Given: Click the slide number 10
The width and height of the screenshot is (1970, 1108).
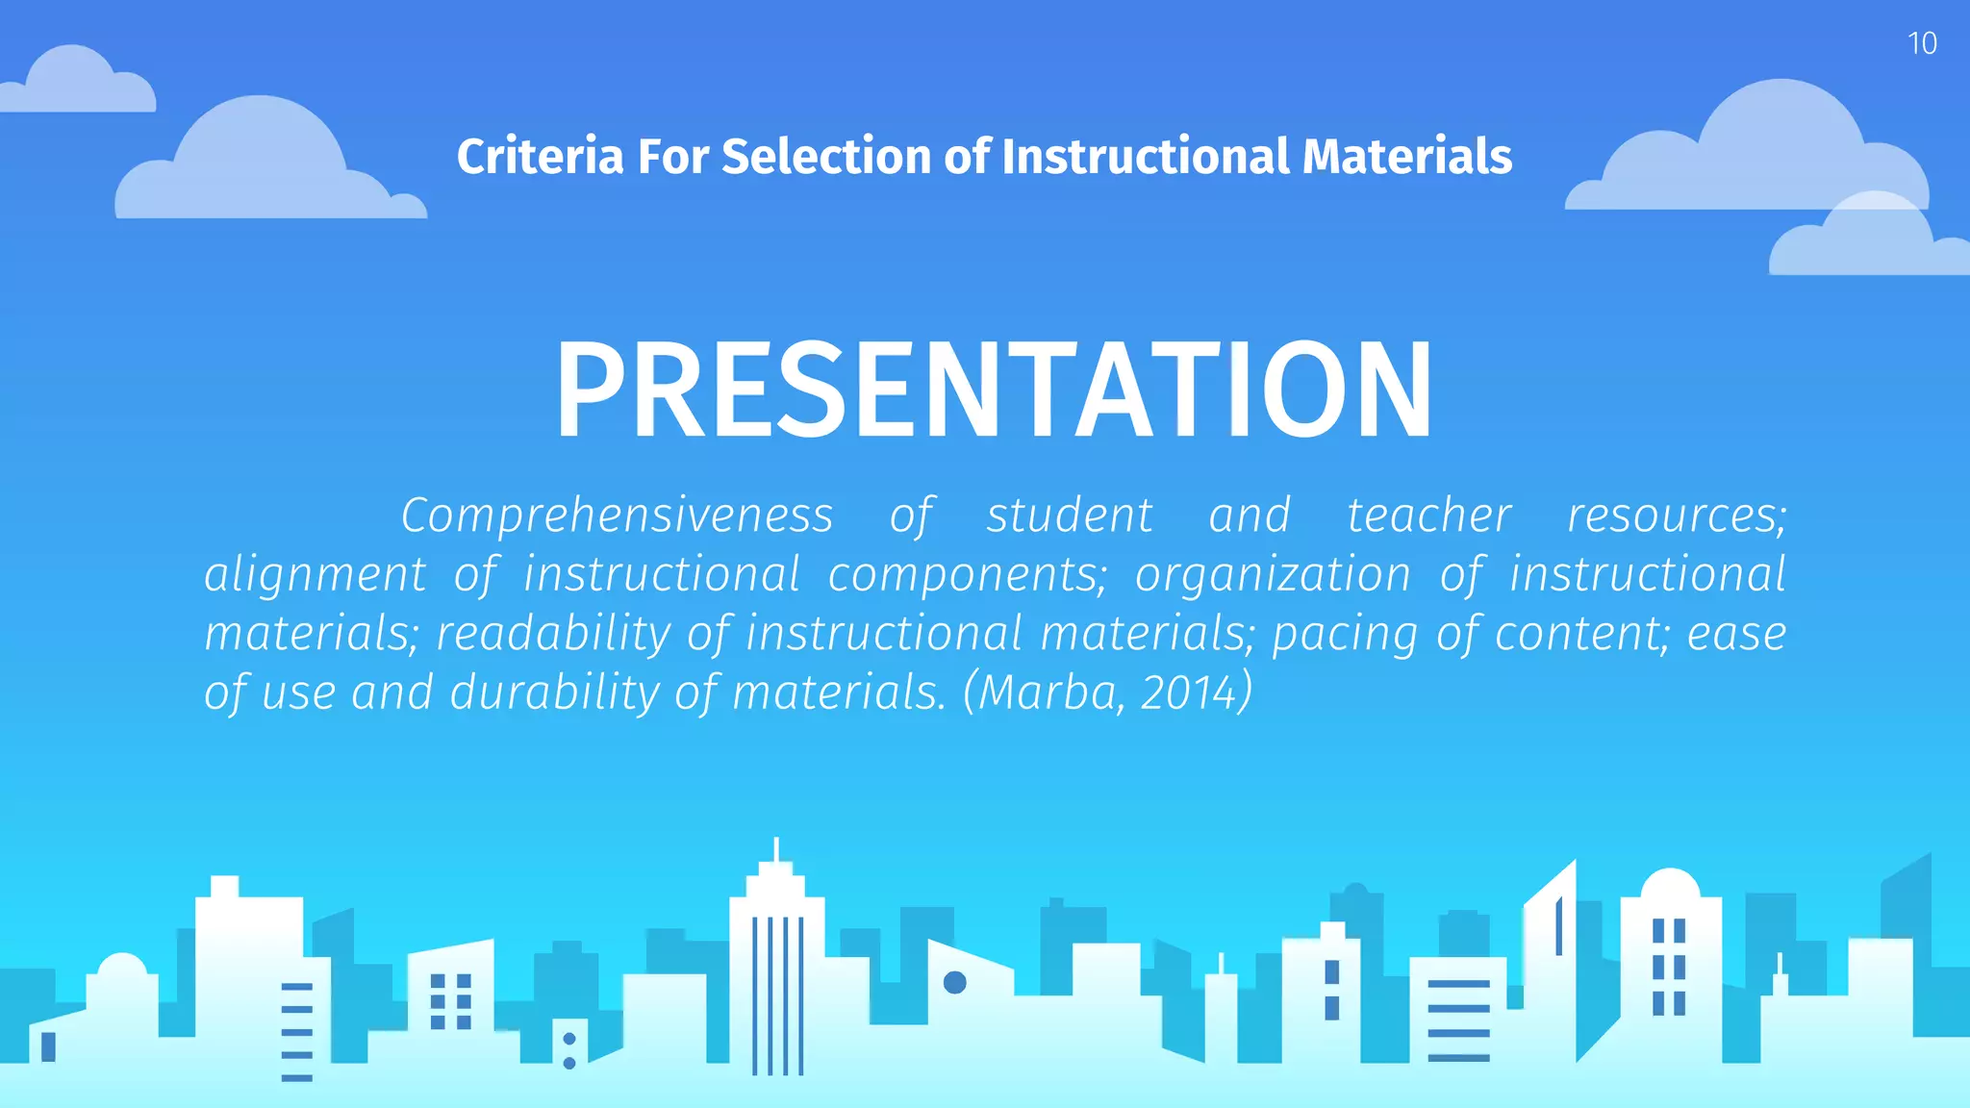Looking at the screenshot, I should (x=1921, y=44).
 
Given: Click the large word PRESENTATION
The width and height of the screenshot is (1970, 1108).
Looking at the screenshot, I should (x=994, y=390).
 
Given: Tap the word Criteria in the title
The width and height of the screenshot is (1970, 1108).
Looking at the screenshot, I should (x=540, y=157).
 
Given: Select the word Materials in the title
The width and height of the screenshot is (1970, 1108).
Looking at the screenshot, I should (x=1406, y=157).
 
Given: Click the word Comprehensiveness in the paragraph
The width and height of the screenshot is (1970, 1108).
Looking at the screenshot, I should (x=617, y=516).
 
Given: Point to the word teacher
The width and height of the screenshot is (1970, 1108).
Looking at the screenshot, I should (x=1428, y=516).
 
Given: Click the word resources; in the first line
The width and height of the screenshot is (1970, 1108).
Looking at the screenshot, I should (x=1677, y=516).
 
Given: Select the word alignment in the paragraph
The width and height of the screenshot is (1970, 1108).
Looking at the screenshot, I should (x=315, y=575).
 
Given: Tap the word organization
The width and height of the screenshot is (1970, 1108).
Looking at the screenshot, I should (x=1273, y=575).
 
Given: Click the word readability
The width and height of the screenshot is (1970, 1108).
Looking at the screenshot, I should (x=553, y=635).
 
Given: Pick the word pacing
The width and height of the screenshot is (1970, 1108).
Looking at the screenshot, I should (x=1344, y=635).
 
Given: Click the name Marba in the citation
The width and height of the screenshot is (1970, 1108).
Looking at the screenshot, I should (x=1048, y=693).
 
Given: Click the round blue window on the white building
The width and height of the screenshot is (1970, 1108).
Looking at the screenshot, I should (x=954, y=982).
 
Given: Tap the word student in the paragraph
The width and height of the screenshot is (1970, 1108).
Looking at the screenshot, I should (x=1069, y=516).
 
